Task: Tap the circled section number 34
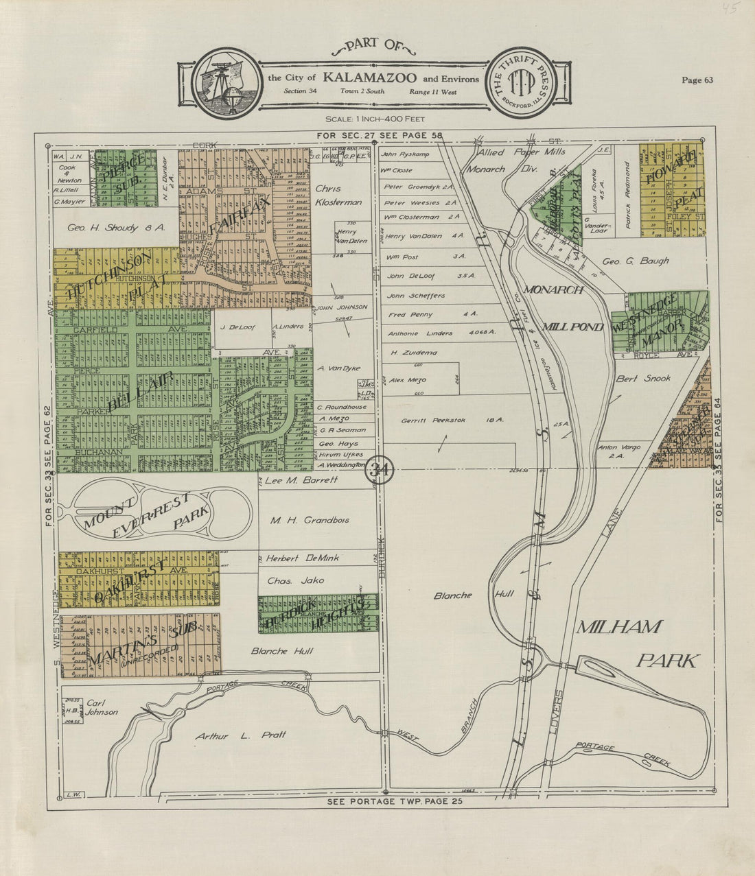tap(378, 470)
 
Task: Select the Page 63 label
tap(697, 80)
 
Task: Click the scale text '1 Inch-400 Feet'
tap(371, 119)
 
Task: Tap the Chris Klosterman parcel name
tap(338, 196)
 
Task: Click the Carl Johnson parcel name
tap(102, 707)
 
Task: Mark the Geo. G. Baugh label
tap(635, 261)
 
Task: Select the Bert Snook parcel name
tap(642, 378)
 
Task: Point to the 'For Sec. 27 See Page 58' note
tap(380, 136)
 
